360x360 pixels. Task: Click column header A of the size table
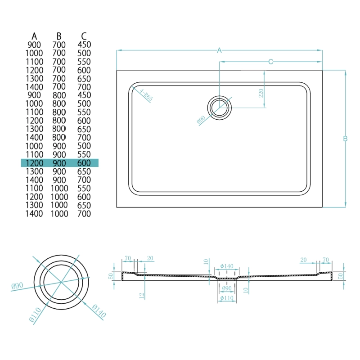click(34, 36)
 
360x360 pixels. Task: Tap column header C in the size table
click(84, 36)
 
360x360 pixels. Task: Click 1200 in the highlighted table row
click(35, 163)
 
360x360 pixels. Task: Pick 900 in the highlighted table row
click(59, 163)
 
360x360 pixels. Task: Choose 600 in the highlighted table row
click(84, 163)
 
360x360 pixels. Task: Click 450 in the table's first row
click(84, 45)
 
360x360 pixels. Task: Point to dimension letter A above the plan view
click(220, 50)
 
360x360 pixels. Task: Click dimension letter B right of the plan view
click(345, 139)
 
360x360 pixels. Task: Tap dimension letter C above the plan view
click(271, 62)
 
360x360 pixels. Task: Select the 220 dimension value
click(261, 94)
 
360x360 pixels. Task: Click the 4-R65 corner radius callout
click(147, 96)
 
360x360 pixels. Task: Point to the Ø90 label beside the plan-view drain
click(201, 120)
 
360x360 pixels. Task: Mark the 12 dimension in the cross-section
click(141, 296)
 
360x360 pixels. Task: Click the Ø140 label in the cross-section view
click(226, 266)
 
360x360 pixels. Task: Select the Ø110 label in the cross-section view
click(226, 298)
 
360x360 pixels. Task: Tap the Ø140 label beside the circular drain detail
click(99, 311)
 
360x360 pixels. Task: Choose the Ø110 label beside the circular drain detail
click(35, 312)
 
